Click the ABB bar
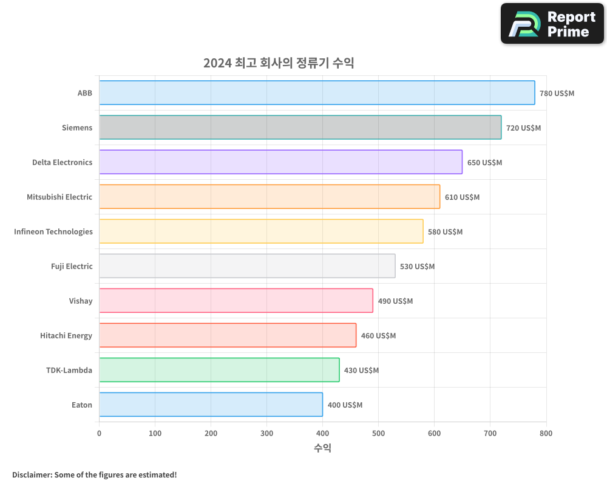[x=317, y=93]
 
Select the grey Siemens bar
[x=300, y=128]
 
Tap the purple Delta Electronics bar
[x=280, y=162]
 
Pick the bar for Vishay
[x=236, y=301]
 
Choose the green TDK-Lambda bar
[x=219, y=370]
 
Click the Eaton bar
[x=211, y=405]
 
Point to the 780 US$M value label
[x=557, y=94]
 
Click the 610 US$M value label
[x=462, y=197]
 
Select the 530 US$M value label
[x=417, y=267]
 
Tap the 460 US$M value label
[x=378, y=336]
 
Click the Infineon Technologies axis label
[x=53, y=231]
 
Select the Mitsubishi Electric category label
[x=59, y=197]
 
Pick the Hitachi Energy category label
[x=66, y=335]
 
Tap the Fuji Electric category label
[x=72, y=266]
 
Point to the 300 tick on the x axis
[x=266, y=433]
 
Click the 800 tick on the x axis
[x=546, y=433]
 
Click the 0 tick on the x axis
[x=100, y=433]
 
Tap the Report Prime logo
[x=552, y=24]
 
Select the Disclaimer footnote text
[x=95, y=474]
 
